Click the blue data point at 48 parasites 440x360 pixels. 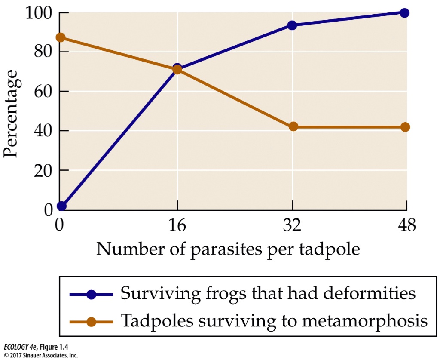point(404,13)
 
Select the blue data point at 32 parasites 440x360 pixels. point(293,25)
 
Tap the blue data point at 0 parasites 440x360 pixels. point(61,206)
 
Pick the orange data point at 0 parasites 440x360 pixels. point(61,37)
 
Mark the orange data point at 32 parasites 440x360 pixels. point(293,126)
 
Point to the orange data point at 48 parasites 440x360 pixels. point(405,127)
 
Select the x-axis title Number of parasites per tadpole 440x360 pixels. point(228,249)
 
